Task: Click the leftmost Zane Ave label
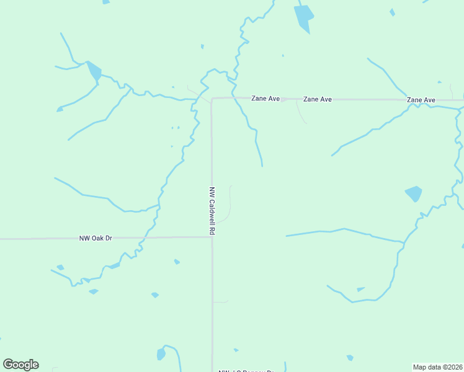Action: (265, 99)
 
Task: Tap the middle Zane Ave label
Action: (317, 99)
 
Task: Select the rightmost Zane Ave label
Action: (421, 100)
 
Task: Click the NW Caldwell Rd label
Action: (212, 211)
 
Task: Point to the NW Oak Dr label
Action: (96, 237)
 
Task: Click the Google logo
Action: (20, 365)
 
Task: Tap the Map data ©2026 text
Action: (438, 366)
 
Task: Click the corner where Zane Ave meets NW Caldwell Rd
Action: (212, 99)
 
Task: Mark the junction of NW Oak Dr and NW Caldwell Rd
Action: (212, 237)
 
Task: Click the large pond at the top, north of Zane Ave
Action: (303, 17)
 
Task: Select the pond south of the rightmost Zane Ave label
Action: (414, 193)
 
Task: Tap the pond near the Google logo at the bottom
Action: (161, 354)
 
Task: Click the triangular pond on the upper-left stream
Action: (94, 70)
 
